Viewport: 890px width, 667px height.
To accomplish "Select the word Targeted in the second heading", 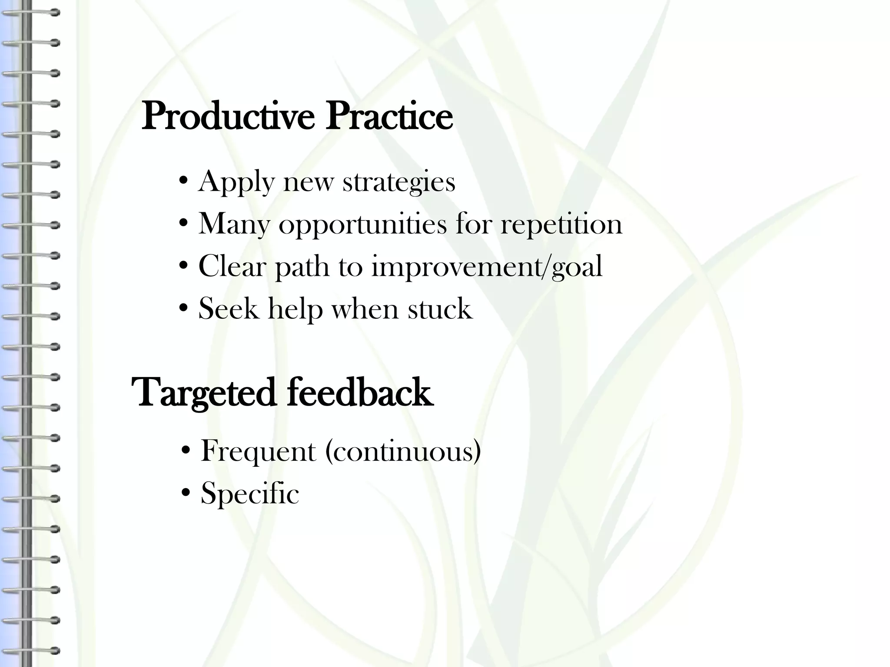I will [204, 393].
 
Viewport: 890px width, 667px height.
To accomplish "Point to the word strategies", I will [399, 182].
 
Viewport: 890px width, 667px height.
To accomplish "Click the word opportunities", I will [362, 225].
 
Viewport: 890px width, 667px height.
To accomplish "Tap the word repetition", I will [561, 224].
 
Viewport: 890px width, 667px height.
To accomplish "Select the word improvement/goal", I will [487, 267].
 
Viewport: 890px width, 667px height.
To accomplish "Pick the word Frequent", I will [258, 451].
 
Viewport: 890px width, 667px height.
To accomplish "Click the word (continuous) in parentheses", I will [403, 451].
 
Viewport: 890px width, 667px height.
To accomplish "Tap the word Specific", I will [250, 494].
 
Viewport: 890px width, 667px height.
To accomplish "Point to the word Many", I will [234, 225].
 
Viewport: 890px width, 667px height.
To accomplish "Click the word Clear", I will [232, 266].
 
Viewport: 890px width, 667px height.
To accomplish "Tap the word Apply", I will [236, 182].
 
